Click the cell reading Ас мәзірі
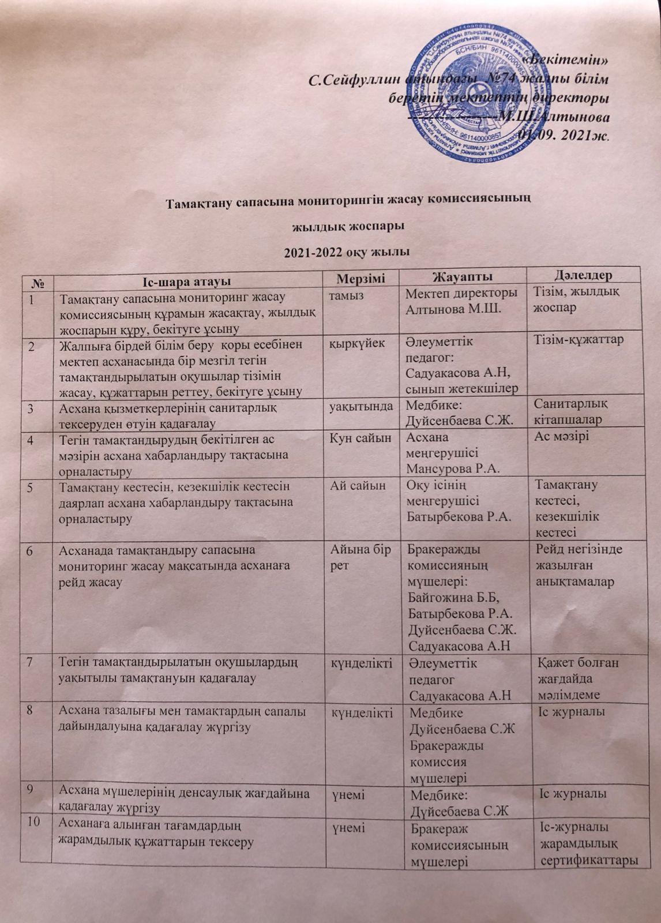coord(560,438)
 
